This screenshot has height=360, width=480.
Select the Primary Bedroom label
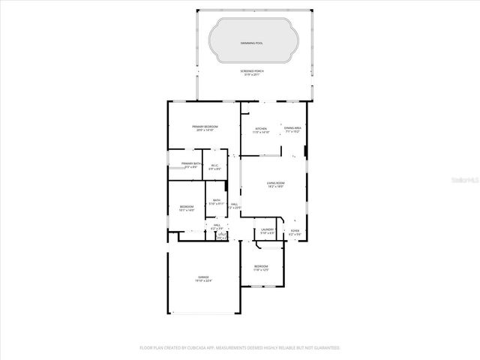tap(205, 127)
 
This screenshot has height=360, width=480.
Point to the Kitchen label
tap(261, 129)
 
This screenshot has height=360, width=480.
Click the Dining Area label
tap(293, 129)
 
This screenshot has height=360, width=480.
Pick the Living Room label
tap(275, 183)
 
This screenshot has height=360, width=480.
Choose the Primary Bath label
tap(190, 163)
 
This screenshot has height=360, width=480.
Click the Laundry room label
tap(266, 231)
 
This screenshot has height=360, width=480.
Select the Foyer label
tap(295, 231)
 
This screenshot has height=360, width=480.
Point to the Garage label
tap(203, 277)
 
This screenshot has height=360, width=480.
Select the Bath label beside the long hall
tap(217, 200)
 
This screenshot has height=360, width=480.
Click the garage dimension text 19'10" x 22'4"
tap(203, 281)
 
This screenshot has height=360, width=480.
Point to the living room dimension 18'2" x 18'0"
tap(275, 187)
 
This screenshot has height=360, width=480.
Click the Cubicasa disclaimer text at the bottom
tap(240, 348)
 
